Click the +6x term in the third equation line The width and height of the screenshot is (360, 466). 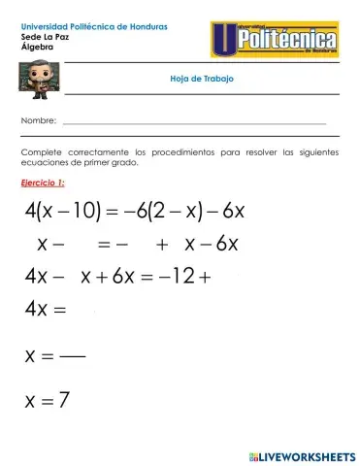click(x=115, y=277)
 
